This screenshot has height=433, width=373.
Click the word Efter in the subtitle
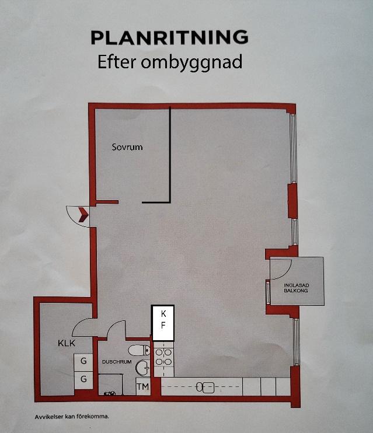pyautogui.click(x=117, y=62)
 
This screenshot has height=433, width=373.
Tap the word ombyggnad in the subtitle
pyautogui.click(x=191, y=62)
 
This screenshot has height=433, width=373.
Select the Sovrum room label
pyautogui.click(x=127, y=147)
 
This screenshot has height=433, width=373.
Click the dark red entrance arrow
pyautogui.click(x=83, y=215)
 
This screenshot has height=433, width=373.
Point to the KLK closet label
pyautogui.click(x=67, y=343)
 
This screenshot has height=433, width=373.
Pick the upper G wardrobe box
pyautogui.click(x=83, y=361)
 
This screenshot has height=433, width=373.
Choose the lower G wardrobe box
pyautogui.click(x=83, y=379)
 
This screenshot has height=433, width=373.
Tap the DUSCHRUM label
pyautogui.click(x=117, y=362)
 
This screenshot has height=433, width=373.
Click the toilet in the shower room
pyautogui.click(x=140, y=351)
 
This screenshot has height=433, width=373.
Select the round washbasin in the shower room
pyautogui.click(x=142, y=367)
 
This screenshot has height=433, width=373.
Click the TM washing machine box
pyautogui.click(x=143, y=386)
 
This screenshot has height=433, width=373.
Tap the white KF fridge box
pyautogui.click(x=163, y=323)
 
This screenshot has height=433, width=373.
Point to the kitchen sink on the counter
pyautogui.click(x=205, y=387)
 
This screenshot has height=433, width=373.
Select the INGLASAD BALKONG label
pyautogui.click(x=296, y=288)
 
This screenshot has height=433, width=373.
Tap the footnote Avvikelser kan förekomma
pyautogui.click(x=72, y=417)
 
